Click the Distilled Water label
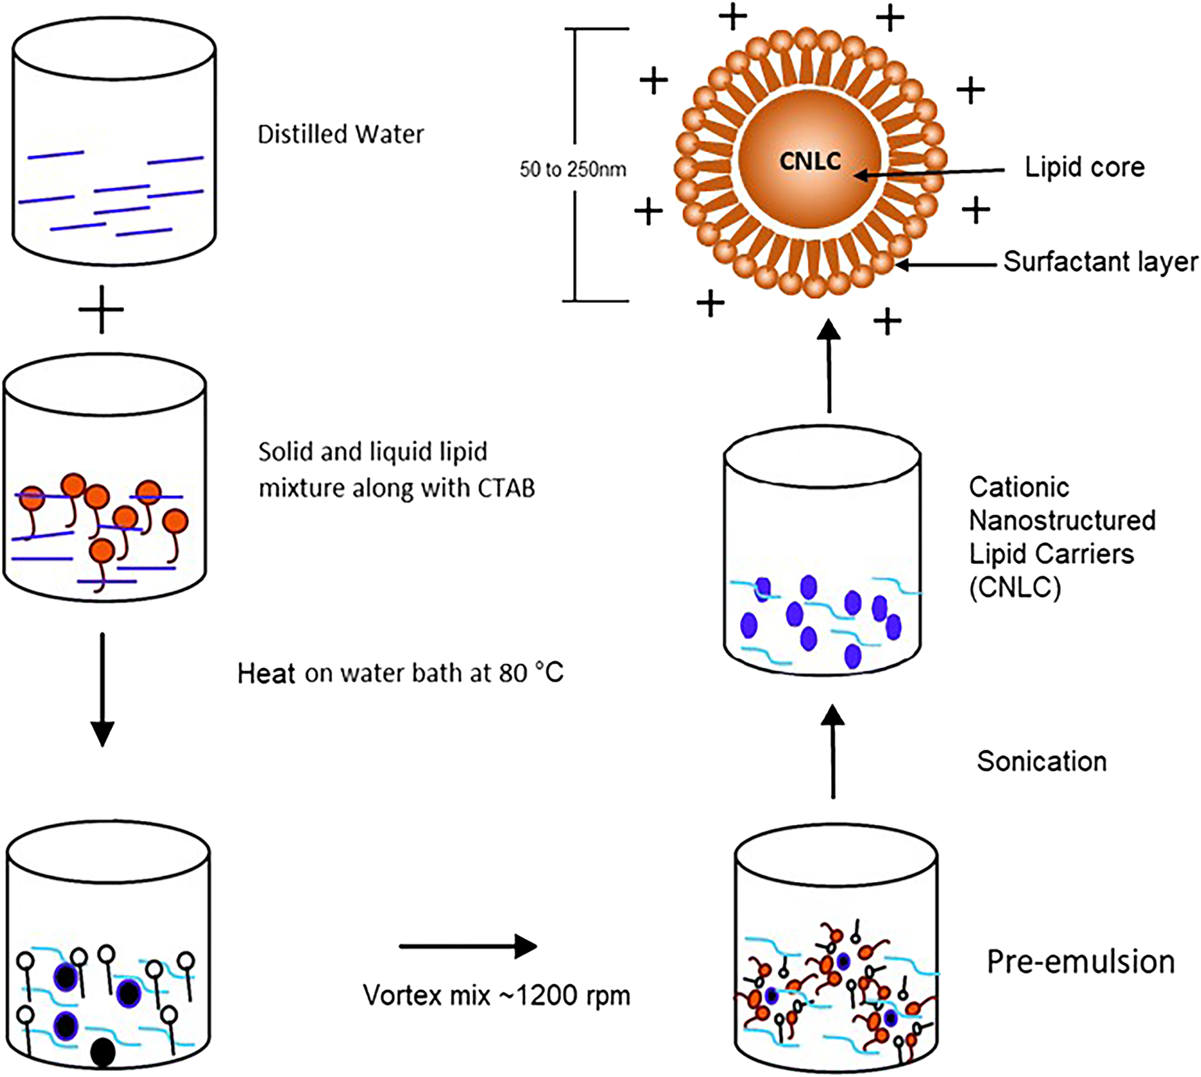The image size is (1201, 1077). click(x=340, y=134)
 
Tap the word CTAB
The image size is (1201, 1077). click(x=506, y=488)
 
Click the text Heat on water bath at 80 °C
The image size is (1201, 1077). click(x=400, y=673)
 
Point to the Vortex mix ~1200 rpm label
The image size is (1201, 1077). click(x=496, y=996)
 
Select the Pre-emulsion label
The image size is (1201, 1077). click(x=1080, y=962)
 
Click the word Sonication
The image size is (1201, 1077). click(x=1041, y=761)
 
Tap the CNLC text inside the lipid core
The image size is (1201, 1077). click(x=810, y=161)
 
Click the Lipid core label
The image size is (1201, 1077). click(x=1084, y=167)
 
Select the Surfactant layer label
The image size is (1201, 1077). click(x=1101, y=261)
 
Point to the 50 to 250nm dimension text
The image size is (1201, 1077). click(x=573, y=169)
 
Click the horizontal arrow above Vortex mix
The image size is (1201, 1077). click(x=468, y=946)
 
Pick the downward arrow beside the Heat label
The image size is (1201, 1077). click(x=102, y=689)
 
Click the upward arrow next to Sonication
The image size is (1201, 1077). click(x=834, y=752)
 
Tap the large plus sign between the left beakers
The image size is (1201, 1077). click(x=101, y=310)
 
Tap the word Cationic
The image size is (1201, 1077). click(x=1018, y=488)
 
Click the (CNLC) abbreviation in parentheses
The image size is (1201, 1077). click(x=1014, y=588)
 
